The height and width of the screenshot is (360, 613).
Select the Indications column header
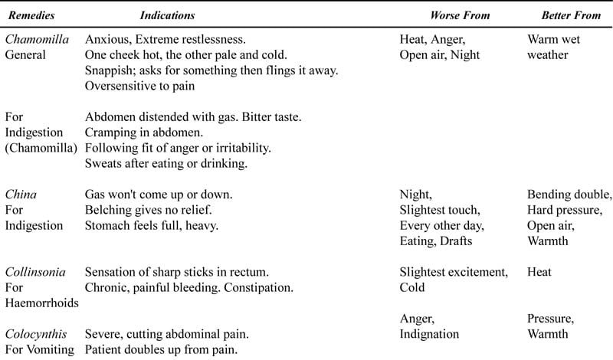167,15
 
